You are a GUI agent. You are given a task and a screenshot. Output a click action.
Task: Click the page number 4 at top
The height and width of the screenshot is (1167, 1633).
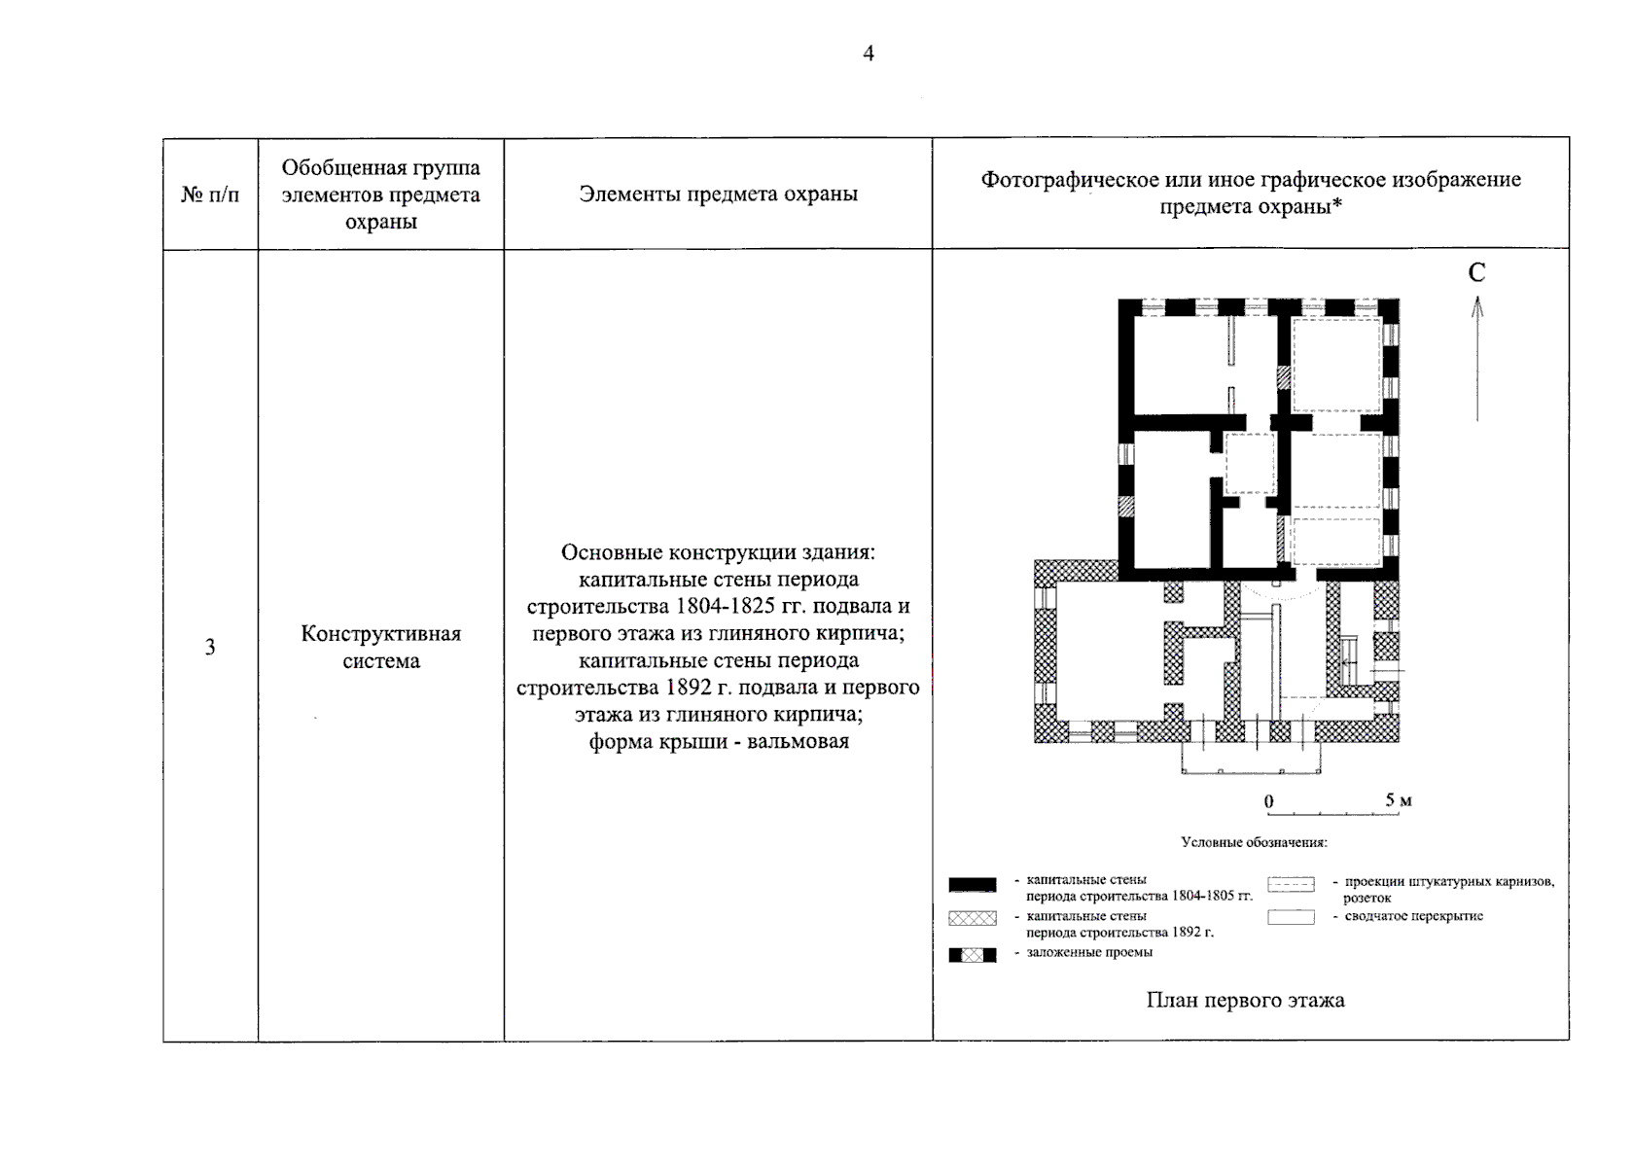[869, 53]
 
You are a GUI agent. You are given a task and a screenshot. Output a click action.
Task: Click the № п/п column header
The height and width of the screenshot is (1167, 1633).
[210, 194]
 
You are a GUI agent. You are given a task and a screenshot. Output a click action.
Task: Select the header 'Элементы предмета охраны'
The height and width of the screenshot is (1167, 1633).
[718, 194]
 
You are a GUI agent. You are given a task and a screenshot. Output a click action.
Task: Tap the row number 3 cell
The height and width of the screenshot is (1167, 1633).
[210, 648]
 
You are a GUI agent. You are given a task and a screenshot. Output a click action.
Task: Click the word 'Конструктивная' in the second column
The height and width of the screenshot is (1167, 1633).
[380, 634]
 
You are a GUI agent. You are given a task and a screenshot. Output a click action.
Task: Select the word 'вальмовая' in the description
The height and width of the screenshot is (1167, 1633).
[799, 742]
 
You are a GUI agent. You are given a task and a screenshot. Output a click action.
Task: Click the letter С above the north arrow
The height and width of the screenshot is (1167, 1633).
[1476, 273]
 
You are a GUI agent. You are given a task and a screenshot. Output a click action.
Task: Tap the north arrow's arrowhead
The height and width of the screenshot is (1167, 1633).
[1476, 306]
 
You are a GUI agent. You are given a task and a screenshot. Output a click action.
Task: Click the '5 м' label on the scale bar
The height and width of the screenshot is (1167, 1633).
[1398, 800]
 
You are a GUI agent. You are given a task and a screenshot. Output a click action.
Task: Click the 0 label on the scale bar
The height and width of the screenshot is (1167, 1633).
[1268, 801]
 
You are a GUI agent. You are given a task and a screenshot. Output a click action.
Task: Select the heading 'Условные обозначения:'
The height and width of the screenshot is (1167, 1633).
[1254, 842]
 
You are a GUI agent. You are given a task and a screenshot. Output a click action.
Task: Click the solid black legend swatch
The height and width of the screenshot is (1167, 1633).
[972, 885]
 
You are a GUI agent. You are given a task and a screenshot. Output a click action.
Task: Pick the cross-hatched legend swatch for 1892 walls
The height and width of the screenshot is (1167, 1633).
[972, 918]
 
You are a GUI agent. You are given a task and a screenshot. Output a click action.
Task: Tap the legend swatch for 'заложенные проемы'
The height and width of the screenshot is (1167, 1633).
[972, 955]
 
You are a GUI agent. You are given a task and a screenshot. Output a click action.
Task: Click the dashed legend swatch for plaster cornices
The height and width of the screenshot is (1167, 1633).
[1291, 885]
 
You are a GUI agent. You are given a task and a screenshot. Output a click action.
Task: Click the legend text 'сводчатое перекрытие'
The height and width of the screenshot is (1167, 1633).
[1413, 916]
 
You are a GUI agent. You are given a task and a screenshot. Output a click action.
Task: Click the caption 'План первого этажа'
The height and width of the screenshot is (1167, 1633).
[1245, 1000]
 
